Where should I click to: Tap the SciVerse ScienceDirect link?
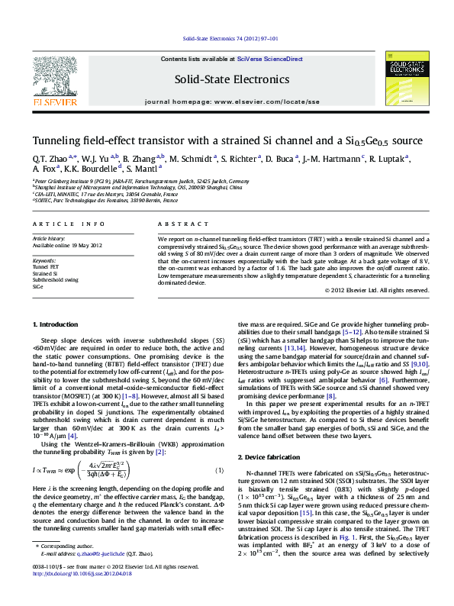pos(270,59)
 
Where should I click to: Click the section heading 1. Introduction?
pos(58,346)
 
